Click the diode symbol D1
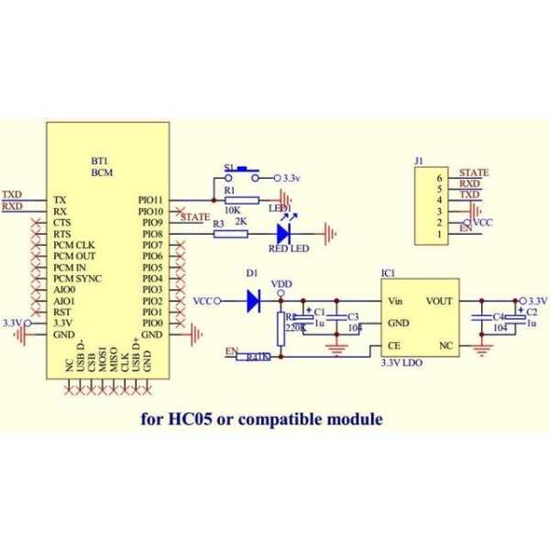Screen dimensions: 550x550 pos(254,300)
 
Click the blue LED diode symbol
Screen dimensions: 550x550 pos(282,234)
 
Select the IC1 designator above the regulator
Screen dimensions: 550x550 pos(388,272)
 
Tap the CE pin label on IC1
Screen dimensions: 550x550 pos(395,346)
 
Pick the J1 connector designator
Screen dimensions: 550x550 pos(418,161)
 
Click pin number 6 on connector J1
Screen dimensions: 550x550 pos(440,178)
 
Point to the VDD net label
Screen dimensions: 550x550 pos(282,284)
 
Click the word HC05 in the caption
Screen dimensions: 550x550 pos(190,420)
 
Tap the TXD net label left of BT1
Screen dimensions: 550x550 pos(12,194)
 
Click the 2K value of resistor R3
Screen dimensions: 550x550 pos(240,223)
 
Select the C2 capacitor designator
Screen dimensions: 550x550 pos(532,313)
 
